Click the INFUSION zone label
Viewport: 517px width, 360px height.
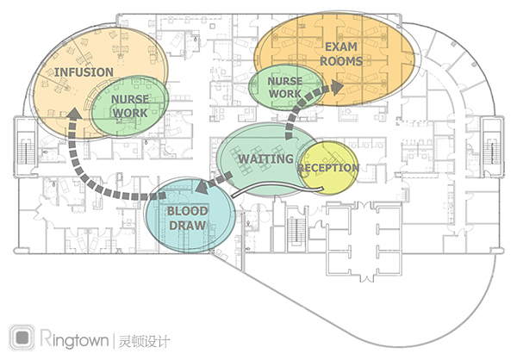(84, 72)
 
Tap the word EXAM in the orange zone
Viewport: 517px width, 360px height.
(341, 47)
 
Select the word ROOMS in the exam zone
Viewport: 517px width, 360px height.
(341, 61)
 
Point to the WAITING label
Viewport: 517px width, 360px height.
(265, 159)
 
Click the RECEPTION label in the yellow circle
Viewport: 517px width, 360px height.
(328, 168)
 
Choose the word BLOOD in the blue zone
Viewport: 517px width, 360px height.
(187, 211)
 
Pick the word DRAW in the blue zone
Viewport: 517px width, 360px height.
(187, 226)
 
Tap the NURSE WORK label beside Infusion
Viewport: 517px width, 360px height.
(130, 106)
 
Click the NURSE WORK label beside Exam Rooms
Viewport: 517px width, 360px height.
(285, 87)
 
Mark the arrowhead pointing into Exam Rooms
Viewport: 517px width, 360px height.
(337, 87)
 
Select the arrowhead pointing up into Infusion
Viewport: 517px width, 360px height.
(75, 113)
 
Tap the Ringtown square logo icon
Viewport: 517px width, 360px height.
(22, 338)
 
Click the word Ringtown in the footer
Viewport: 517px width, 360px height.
(74, 339)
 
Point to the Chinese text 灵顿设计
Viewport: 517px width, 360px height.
(144, 341)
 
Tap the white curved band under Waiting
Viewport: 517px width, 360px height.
(277, 189)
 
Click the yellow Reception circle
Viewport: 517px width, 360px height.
(329, 167)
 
